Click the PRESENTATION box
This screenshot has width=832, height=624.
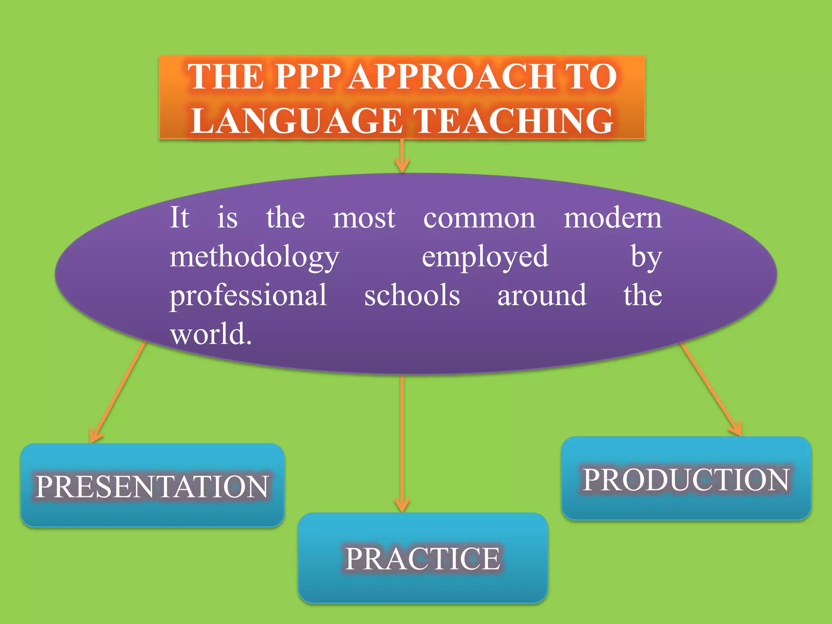(152, 485)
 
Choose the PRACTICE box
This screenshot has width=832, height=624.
(422, 558)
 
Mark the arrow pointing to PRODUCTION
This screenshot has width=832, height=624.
(711, 390)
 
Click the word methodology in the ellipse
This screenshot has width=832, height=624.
(254, 258)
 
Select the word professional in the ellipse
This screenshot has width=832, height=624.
(248, 295)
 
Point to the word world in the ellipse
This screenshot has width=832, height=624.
(211, 334)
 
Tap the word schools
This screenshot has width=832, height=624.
(412, 295)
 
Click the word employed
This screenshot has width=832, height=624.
(485, 258)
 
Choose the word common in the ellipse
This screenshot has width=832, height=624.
(479, 218)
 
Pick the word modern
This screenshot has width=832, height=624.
(613, 218)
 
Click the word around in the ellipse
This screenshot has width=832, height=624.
(542, 295)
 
